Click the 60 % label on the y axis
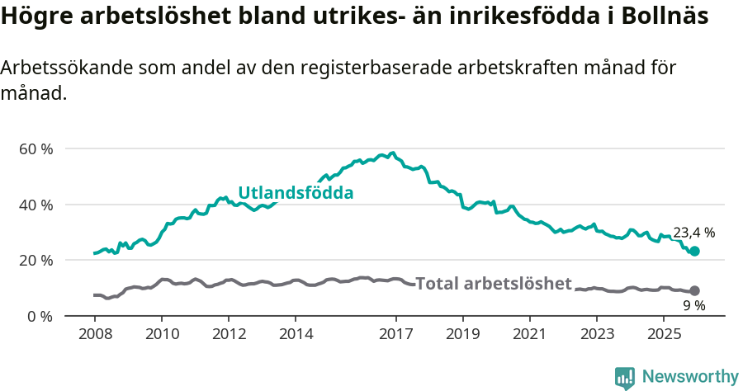[35, 149]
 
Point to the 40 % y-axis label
[35, 205]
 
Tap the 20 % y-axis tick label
[35, 261]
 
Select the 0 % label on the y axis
[40, 316]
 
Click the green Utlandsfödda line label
[296, 193]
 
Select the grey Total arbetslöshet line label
[493, 284]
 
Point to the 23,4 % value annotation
[693, 233]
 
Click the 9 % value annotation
[693, 305]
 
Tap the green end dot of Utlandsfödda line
[694, 251]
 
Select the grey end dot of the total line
[694, 290]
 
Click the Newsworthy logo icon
[625, 377]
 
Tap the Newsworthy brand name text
[689, 377]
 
